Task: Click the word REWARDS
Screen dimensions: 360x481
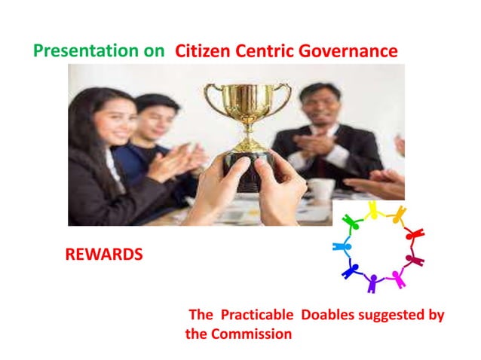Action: [104, 255]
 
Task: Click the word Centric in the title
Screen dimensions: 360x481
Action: [267, 51]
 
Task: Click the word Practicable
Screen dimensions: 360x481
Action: [256, 315]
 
